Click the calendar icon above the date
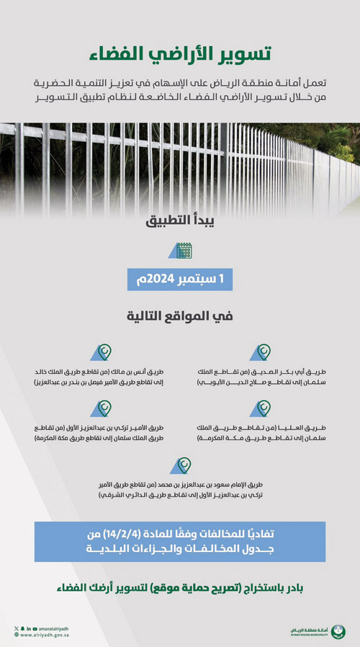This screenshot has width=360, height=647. click(x=184, y=251)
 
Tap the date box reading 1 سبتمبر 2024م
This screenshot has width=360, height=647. click(x=180, y=280)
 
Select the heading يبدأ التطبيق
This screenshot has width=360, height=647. click(x=180, y=221)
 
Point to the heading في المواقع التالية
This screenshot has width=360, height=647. click(x=180, y=315)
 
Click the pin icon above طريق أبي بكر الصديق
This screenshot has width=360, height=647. click(x=260, y=352)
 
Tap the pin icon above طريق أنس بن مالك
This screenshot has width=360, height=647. click(x=101, y=352)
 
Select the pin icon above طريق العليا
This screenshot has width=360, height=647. click(x=260, y=409)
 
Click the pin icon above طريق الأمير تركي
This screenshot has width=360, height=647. click(x=101, y=409)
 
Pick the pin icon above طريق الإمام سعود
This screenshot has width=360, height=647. click(x=181, y=465)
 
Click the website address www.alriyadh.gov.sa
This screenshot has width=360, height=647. click(x=45, y=635)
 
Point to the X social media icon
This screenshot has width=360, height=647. click(x=15, y=628)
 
